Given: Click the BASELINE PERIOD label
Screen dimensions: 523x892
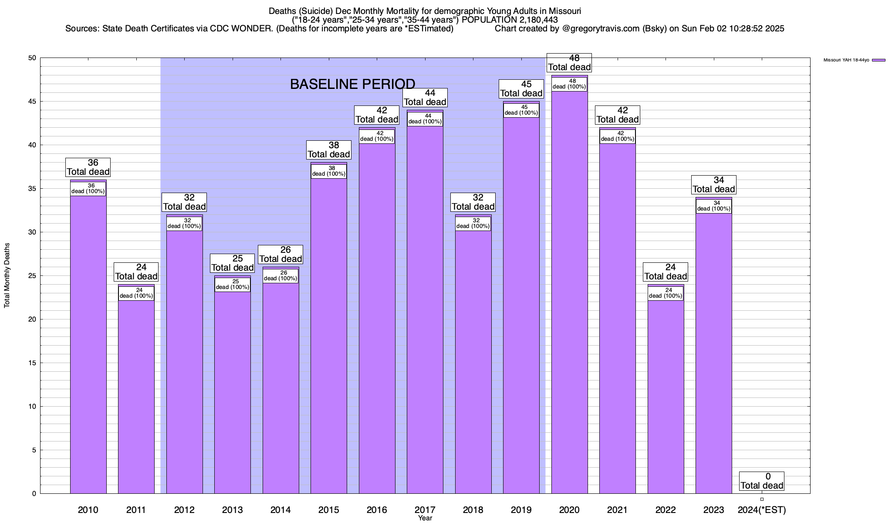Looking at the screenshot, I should [x=352, y=84].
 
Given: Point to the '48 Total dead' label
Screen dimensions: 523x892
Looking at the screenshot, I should [x=569, y=62].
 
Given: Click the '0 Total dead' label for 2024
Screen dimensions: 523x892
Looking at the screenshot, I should [x=762, y=481].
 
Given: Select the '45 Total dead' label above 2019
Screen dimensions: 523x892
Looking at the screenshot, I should [x=521, y=88].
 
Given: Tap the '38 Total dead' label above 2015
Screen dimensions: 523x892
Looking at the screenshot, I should [x=329, y=149].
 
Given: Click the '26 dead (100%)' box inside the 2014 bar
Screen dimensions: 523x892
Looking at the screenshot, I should [x=280, y=276].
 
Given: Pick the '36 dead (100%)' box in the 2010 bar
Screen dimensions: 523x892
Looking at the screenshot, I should [x=88, y=189].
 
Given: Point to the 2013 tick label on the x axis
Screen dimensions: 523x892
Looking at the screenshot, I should [x=232, y=509].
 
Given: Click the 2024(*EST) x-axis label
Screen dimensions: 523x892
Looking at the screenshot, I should [x=762, y=509].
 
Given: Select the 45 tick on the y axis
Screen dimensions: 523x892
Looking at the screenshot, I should [x=32, y=102].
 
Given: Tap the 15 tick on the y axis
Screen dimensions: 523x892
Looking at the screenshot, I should [x=32, y=363].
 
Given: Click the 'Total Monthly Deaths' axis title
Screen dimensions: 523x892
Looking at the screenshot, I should [x=7, y=275].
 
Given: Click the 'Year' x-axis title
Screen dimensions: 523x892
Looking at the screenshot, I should [x=425, y=518].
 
